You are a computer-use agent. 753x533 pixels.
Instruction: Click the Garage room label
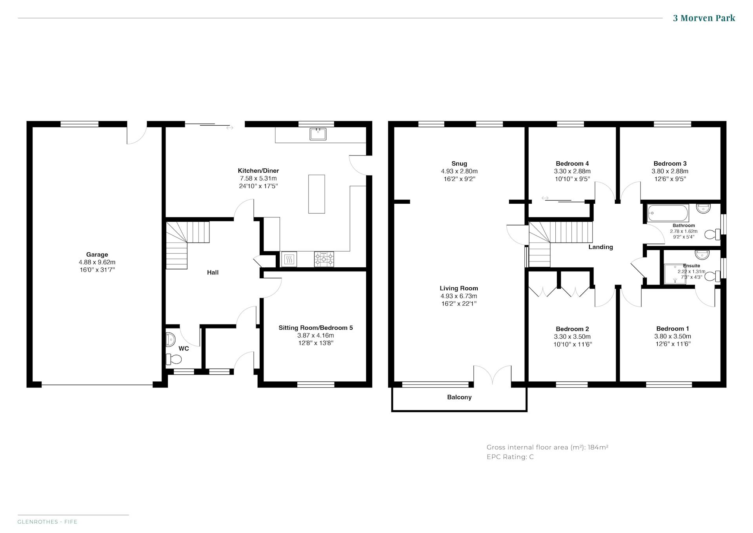(x=97, y=254)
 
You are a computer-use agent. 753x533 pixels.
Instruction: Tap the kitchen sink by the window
(x=318, y=134)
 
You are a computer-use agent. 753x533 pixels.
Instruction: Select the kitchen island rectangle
(x=316, y=194)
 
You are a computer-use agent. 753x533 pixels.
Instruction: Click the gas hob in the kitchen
(x=324, y=259)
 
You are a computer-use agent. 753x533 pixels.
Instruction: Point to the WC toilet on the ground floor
(x=174, y=359)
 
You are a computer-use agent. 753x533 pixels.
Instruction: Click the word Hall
(x=213, y=272)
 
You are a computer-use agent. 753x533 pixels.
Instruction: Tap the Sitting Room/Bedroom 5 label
(x=316, y=328)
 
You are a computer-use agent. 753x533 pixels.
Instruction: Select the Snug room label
(x=459, y=164)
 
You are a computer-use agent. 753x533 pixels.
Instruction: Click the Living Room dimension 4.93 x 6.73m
(x=458, y=296)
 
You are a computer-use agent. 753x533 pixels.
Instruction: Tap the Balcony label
(x=459, y=397)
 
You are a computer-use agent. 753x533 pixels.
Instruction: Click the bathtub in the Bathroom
(x=668, y=213)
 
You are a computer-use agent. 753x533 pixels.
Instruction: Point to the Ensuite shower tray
(x=675, y=274)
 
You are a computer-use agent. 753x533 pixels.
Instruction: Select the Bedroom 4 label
(x=572, y=164)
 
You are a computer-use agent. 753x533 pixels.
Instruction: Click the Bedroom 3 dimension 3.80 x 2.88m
(x=670, y=171)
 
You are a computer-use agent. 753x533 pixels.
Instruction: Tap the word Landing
(x=600, y=247)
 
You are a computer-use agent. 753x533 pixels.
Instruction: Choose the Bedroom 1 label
(x=673, y=329)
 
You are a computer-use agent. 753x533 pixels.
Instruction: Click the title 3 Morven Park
(x=704, y=18)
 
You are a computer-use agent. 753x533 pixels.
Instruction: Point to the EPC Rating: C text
(x=510, y=457)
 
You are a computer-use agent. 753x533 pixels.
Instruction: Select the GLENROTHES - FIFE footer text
(x=47, y=522)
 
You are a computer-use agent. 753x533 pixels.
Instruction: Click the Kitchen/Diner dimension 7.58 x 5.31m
(x=258, y=178)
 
